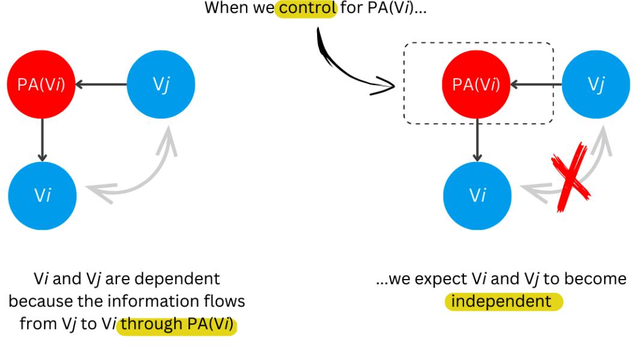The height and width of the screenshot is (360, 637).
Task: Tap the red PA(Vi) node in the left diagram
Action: (x=41, y=85)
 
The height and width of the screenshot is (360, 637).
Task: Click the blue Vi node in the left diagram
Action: (x=41, y=196)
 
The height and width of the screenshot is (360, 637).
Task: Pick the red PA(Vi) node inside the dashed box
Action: (x=477, y=85)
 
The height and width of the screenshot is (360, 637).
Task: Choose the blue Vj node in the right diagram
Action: (x=595, y=85)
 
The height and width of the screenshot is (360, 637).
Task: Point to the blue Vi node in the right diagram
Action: (x=477, y=196)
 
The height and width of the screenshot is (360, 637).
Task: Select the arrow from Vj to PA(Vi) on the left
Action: (x=101, y=85)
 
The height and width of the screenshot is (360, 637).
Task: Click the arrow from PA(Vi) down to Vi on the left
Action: (x=41, y=140)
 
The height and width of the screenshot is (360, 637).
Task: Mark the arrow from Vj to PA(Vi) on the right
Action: (x=536, y=85)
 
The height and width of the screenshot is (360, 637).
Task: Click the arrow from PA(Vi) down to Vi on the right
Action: (x=477, y=140)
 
